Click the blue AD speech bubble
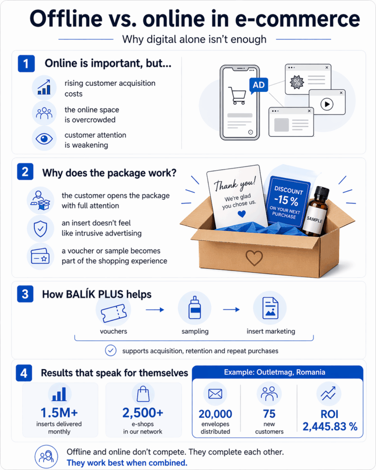click(258, 85)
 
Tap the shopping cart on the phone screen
click(237, 95)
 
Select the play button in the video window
click(326, 104)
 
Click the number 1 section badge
click(26, 64)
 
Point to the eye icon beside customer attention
click(44, 139)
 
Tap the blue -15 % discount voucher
click(288, 201)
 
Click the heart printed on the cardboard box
click(254, 258)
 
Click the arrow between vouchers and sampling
click(155, 310)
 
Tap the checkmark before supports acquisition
click(111, 351)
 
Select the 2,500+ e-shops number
click(143, 413)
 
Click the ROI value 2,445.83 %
click(330, 426)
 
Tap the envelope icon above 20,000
click(215, 394)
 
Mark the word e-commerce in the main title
click(299, 20)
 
